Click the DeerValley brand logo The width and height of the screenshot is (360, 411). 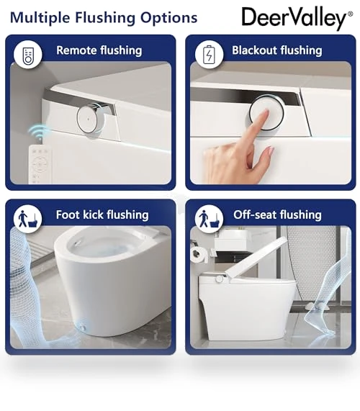coord(297,18)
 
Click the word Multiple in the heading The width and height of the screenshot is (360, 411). coord(40,18)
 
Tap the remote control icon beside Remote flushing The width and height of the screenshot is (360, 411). coord(28,55)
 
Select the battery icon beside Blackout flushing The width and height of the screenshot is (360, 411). coord(210,55)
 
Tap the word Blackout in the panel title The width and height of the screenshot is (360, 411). coord(254,50)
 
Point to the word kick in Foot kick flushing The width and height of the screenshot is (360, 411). coord(93,214)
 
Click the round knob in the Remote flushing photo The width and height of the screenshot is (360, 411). coord(90,119)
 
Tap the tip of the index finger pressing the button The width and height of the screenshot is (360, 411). coord(266,112)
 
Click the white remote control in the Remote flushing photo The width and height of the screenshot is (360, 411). coord(40,165)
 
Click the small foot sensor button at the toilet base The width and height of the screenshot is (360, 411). coord(83,327)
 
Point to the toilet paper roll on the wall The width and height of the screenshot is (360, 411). coord(199,255)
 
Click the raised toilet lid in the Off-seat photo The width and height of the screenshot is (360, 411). coord(256,256)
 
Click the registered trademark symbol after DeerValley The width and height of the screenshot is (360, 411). coord(350,14)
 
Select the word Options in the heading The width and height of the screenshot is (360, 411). coord(169,18)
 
